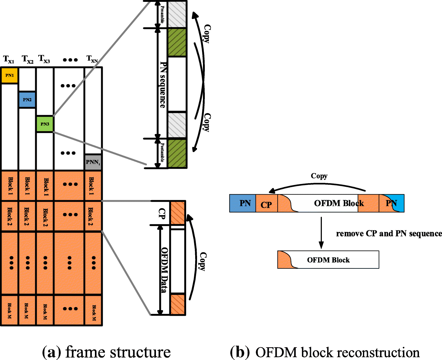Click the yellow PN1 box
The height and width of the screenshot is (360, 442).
pyautogui.click(x=9, y=76)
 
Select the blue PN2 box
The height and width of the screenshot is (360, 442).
pyautogui.click(x=27, y=100)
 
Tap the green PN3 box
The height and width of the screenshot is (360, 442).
pyautogui.click(x=45, y=124)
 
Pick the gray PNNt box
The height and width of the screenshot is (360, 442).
pyautogui.click(x=93, y=162)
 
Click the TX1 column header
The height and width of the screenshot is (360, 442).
pyautogui.click(x=8, y=59)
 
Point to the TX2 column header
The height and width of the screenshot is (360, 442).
pyautogui.click(x=27, y=59)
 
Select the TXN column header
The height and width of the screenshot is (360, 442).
pyautogui.click(x=92, y=59)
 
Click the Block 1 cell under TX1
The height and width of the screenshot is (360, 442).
pyautogui.click(x=10, y=186)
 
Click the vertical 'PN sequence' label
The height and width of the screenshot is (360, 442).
pyautogui.click(x=163, y=85)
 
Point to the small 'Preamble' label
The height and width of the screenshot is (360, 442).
pyautogui.click(x=162, y=14)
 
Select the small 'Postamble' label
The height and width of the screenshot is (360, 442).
pyautogui.click(x=162, y=153)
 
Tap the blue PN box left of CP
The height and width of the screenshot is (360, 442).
pyautogui.click(x=243, y=203)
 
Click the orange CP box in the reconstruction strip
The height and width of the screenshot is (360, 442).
pyautogui.click(x=266, y=204)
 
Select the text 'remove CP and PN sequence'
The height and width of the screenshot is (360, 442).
pyautogui.click(x=389, y=234)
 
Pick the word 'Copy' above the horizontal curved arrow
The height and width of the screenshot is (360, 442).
pyautogui.click(x=319, y=176)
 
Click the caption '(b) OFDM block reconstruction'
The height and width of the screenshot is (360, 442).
pyautogui.click(x=325, y=352)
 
